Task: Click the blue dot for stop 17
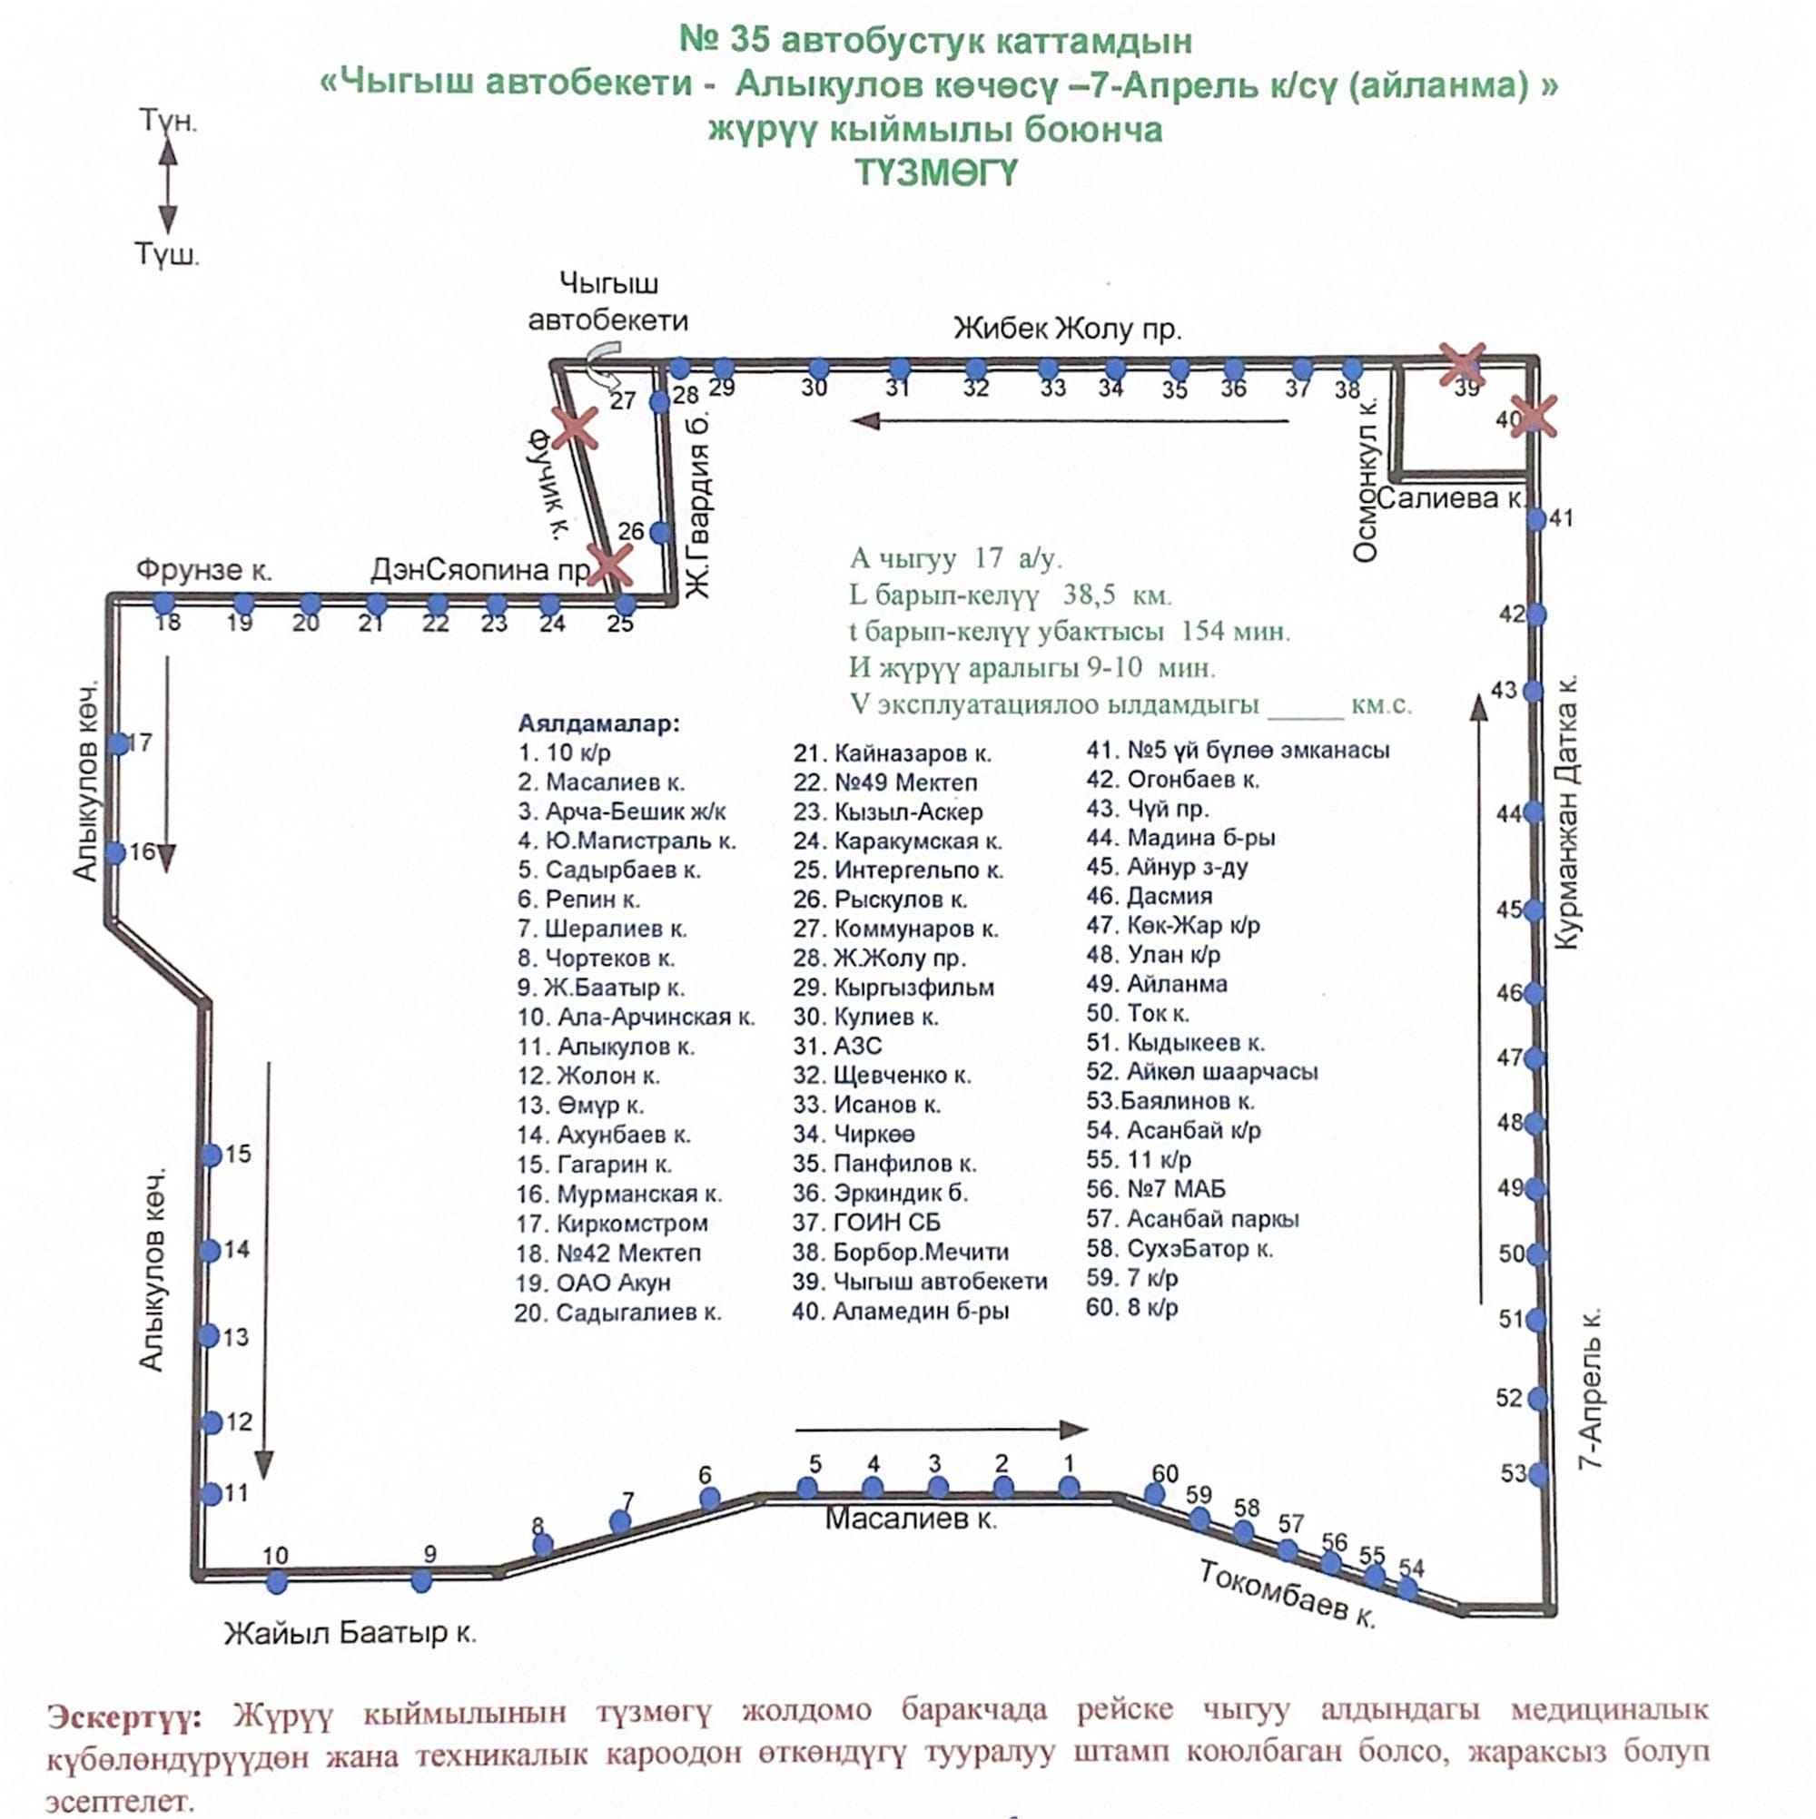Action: point(119,743)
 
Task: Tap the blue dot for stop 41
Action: point(1536,519)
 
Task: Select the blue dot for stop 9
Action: point(422,1582)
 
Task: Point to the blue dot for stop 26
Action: point(660,532)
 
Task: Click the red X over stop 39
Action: point(1463,364)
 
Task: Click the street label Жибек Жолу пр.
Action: point(1067,329)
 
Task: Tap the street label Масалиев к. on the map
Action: point(911,1519)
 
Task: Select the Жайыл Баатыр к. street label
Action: point(350,1633)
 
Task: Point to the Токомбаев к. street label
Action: point(1288,1592)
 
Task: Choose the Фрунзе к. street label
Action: point(203,570)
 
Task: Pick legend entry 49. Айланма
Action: point(1157,984)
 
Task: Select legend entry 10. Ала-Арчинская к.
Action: point(636,1017)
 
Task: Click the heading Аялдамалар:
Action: point(598,723)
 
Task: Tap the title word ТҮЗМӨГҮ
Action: point(936,173)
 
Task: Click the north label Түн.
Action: point(168,121)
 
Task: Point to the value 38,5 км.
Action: point(1117,595)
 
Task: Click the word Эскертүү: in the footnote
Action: point(124,1716)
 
